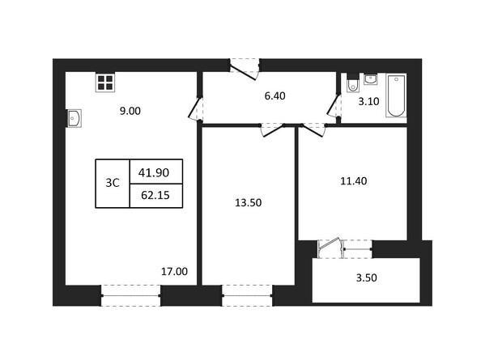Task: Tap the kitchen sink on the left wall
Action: point(73,119)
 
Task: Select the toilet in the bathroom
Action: point(352,84)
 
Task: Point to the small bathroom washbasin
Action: point(370,78)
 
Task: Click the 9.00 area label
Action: point(130,112)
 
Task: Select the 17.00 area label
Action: point(175,272)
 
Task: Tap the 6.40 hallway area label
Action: point(275,95)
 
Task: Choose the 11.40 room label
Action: point(355,180)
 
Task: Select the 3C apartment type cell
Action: point(113,183)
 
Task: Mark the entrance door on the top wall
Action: point(244,66)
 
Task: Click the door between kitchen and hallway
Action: point(195,108)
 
